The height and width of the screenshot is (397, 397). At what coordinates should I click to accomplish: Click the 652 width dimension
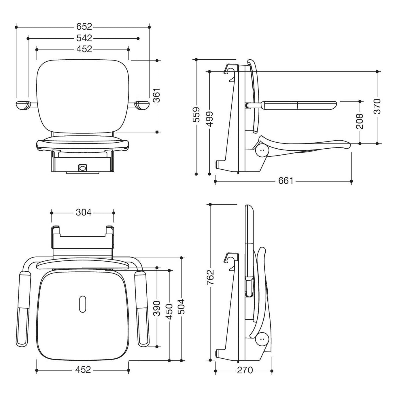point(84,27)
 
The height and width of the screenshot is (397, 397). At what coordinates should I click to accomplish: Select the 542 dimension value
point(84,38)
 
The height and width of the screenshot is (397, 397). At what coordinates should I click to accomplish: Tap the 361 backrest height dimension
point(157,95)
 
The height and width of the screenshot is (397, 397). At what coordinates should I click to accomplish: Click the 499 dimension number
point(209,119)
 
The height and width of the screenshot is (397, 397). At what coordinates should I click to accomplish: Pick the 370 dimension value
point(377,106)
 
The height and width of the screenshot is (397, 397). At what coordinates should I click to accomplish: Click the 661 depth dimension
point(286,181)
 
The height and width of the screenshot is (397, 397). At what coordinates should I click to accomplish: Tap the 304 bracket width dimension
point(84,212)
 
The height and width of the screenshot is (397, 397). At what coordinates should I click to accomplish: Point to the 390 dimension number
point(157,309)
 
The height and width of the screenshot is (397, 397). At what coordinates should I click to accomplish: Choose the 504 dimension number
point(181,307)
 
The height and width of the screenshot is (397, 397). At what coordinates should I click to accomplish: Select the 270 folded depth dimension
point(245,370)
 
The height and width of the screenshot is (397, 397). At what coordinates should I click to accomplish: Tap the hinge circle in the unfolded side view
point(262,150)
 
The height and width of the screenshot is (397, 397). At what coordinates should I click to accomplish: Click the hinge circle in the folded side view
point(262,339)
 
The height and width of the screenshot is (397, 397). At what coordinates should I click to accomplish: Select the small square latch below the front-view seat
point(83,168)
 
